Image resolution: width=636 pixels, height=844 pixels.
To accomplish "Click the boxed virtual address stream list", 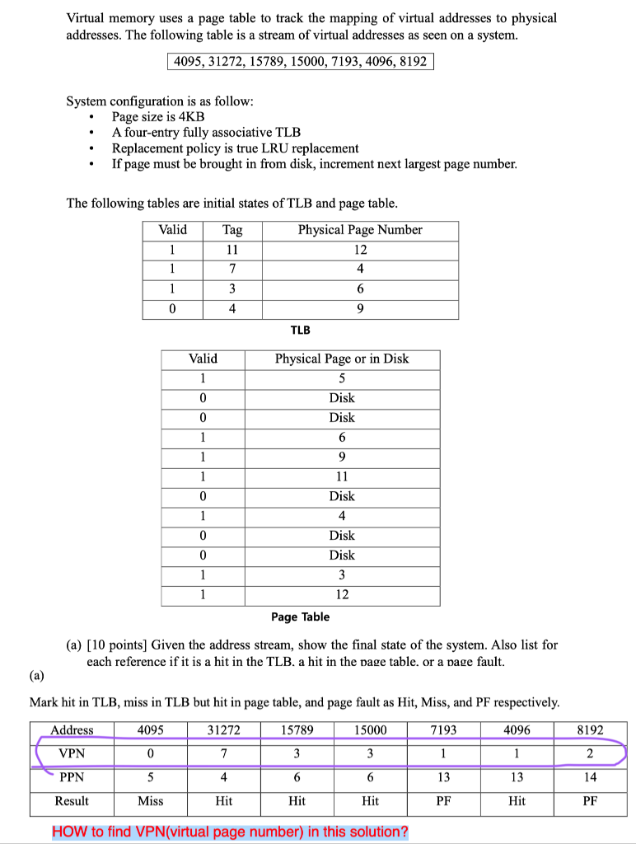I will [x=301, y=61].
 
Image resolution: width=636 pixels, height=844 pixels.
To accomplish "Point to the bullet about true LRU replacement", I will [x=235, y=148].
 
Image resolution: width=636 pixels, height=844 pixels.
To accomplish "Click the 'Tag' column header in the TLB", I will [x=231, y=230].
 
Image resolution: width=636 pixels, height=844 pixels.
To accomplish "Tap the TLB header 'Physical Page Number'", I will [x=360, y=230].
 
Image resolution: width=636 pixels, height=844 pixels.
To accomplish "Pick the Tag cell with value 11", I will [x=231, y=250].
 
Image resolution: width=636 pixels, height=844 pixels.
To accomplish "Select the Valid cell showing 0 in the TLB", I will [x=172, y=309].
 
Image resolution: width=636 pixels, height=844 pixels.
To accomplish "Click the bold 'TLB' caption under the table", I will [x=301, y=330].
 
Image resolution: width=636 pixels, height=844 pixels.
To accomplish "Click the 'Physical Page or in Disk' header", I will [x=341, y=359].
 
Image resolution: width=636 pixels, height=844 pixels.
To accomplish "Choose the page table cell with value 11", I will [x=341, y=476].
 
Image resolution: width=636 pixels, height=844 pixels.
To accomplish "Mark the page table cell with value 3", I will [x=341, y=574].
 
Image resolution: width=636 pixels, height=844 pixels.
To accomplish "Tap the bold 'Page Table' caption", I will [x=300, y=617].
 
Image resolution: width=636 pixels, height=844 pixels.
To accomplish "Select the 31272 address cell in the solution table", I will [x=223, y=730].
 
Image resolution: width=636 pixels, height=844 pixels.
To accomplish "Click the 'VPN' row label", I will [x=72, y=753].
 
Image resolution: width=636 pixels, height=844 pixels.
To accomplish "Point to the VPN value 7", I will [x=223, y=753].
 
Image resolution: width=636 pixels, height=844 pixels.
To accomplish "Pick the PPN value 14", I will [x=590, y=776].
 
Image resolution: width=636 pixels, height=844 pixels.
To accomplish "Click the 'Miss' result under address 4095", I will [x=149, y=800].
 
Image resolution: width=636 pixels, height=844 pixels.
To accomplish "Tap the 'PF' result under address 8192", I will [x=590, y=800].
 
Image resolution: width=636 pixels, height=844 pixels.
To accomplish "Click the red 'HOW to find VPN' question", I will [x=230, y=831].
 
